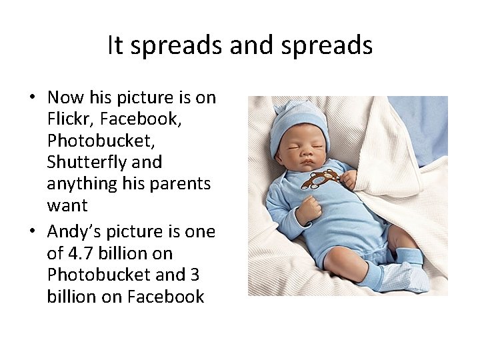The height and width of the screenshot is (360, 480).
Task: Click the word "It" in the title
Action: tap(115, 45)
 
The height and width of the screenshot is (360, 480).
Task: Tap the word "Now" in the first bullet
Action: tap(66, 97)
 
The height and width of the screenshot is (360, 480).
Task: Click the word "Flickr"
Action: tap(69, 119)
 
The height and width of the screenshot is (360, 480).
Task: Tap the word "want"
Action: tap(67, 205)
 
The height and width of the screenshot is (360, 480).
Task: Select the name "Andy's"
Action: tap(73, 231)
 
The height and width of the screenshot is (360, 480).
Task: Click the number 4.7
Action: tap(80, 253)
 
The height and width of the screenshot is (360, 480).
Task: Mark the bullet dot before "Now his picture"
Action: tap(32, 98)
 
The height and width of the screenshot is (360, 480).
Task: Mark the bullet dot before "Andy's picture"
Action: tap(32, 232)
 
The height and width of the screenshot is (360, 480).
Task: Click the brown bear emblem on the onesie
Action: tap(321, 179)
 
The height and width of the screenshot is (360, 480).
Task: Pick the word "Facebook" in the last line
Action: tap(165, 296)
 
